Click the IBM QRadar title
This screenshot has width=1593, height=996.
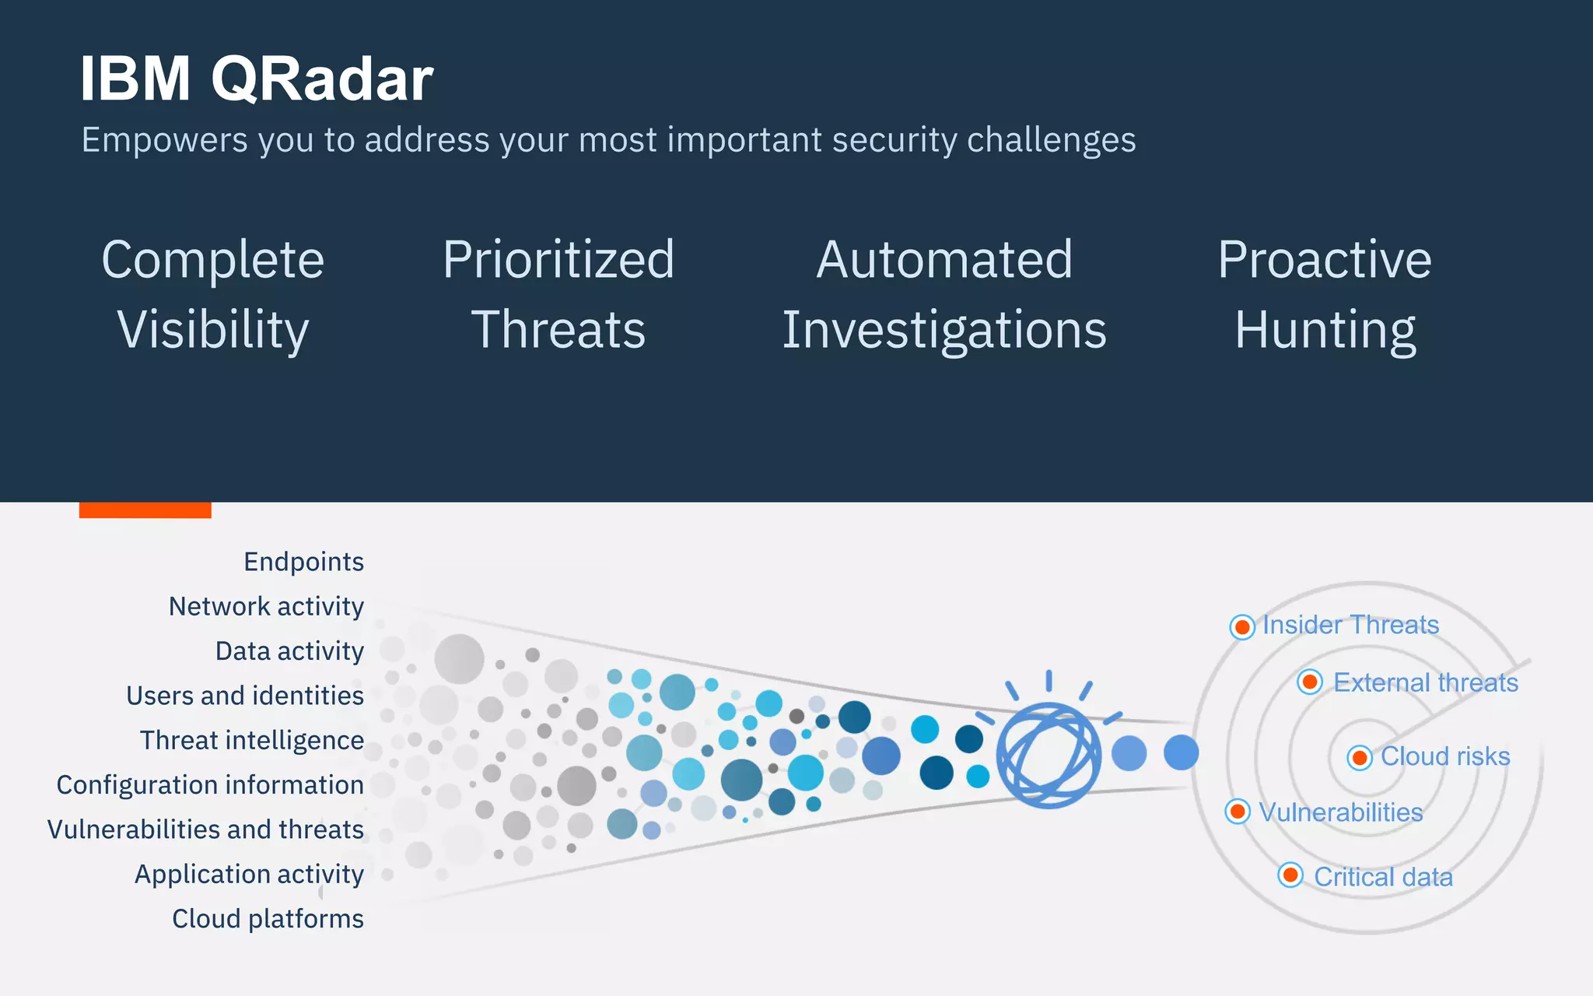[x=256, y=79]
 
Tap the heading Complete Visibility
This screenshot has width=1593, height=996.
[x=213, y=294]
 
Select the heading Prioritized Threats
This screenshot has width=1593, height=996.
[x=558, y=294]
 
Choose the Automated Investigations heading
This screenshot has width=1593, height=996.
[x=944, y=294]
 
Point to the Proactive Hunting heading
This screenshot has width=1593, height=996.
[x=1325, y=294]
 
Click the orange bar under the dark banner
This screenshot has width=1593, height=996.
[x=145, y=510]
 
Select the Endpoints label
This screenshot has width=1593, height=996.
[x=303, y=562]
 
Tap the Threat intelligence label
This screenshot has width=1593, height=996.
[x=251, y=740]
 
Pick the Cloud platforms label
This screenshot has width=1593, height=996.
[x=268, y=919]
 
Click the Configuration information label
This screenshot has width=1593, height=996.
[x=210, y=785]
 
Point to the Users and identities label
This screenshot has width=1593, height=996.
[x=245, y=696]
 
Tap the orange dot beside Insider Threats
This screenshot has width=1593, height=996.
[x=1242, y=626]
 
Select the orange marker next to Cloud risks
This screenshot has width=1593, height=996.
[x=1360, y=757]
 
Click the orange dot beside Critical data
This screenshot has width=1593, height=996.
[x=1290, y=875]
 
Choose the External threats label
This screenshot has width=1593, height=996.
[x=1425, y=682]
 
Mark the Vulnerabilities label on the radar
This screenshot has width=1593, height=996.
[x=1340, y=812]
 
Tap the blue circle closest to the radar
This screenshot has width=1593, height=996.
[x=1181, y=752]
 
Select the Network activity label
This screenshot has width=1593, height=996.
[x=266, y=606]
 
